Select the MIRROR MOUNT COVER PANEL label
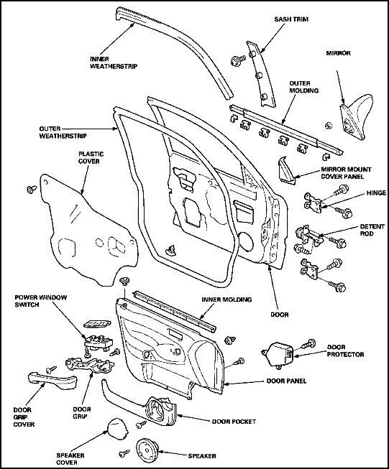point(346,173)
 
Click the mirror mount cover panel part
point(287,170)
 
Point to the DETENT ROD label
point(372,230)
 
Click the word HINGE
point(377,193)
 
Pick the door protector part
point(278,354)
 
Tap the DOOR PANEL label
point(286,381)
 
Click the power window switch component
point(99,342)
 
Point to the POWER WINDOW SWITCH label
point(41,301)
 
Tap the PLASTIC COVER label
point(91,157)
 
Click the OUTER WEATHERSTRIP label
point(63,132)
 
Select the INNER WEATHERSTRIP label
point(114,62)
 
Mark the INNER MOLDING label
point(226,299)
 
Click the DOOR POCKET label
point(234,422)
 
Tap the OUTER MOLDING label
point(303,87)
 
